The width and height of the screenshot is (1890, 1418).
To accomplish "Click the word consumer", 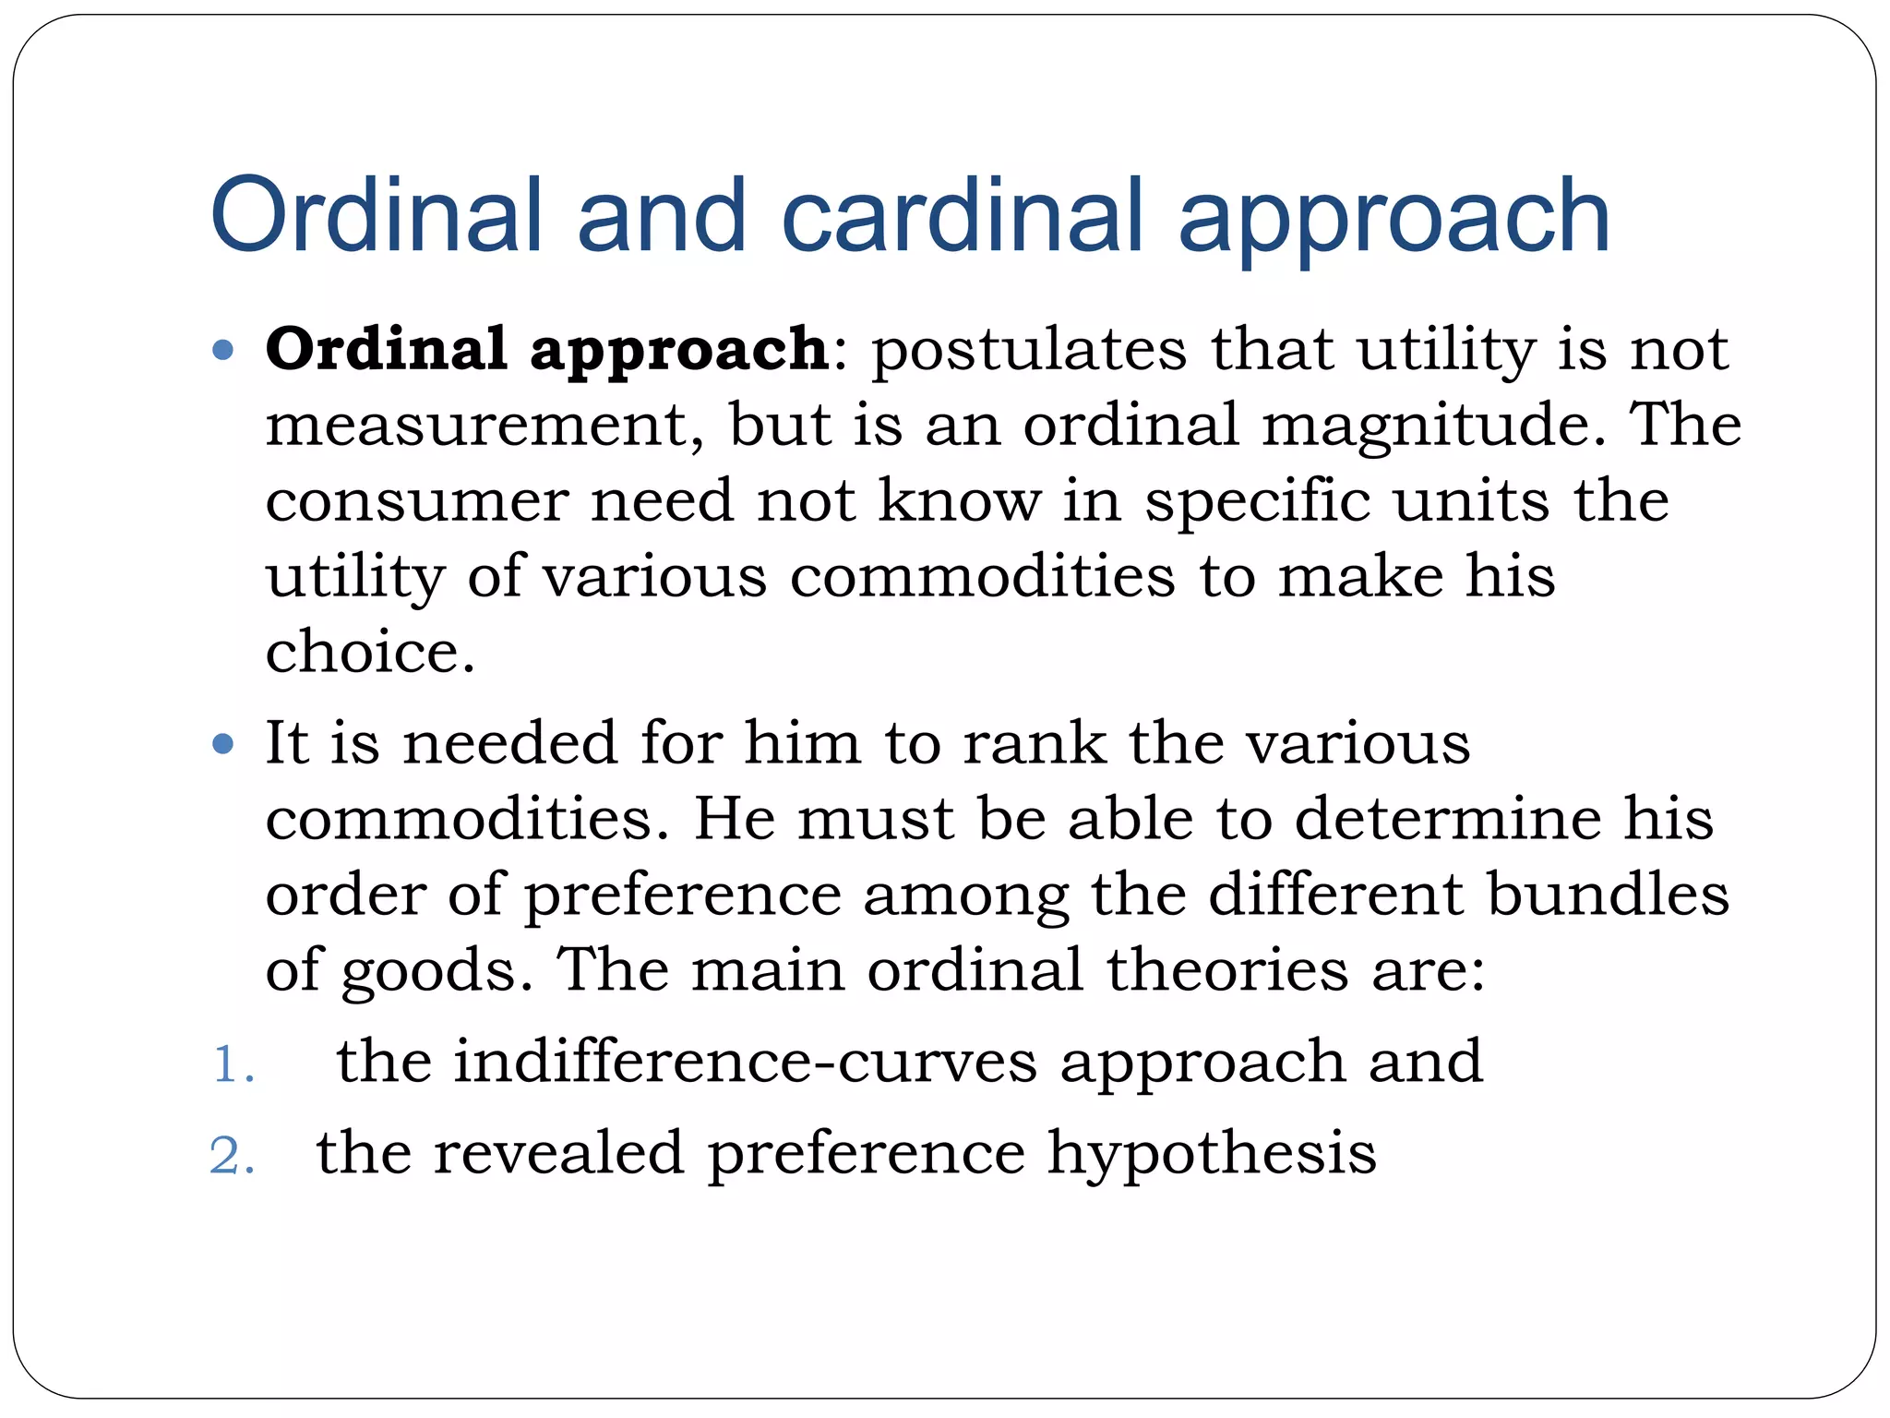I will (416, 501).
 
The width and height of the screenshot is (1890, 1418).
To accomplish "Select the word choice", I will (370, 652).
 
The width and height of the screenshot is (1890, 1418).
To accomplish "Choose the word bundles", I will (1608, 895).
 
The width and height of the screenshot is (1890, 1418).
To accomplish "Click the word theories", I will (1227, 970).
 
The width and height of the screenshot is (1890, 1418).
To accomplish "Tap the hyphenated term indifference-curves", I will (746, 1061).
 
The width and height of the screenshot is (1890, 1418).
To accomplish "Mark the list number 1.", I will (232, 1064).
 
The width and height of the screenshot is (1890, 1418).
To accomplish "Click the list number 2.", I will (232, 1156).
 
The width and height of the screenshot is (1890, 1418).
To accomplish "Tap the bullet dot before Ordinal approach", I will (223, 351).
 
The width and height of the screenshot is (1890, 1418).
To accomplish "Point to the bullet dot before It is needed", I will (223, 744).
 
